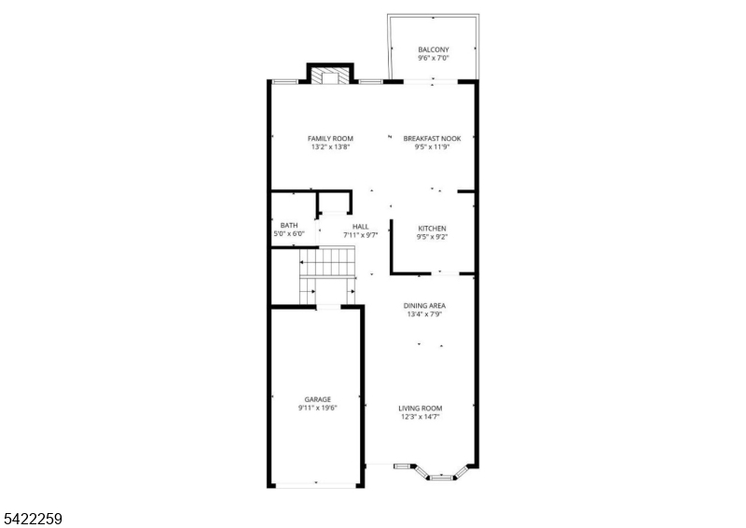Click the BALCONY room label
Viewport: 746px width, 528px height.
pyautogui.click(x=434, y=49)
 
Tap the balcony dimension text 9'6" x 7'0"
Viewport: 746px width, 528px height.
pyautogui.click(x=434, y=58)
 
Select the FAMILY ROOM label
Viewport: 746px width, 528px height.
pyautogui.click(x=330, y=138)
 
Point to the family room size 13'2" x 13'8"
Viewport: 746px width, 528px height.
pyautogui.click(x=330, y=146)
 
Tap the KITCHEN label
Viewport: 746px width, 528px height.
pyautogui.click(x=432, y=229)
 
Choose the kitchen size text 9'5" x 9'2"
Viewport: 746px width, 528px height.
pyautogui.click(x=432, y=237)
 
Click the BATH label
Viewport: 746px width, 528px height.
pyautogui.click(x=289, y=225)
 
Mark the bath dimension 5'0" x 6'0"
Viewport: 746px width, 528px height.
pyautogui.click(x=289, y=233)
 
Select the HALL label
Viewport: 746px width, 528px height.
pyautogui.click(x=360, y=227)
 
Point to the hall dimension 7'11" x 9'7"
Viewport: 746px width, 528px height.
pyautogui.click(x=360, y=235)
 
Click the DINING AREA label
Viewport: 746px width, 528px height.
pyautogui.click(x=423, y=306)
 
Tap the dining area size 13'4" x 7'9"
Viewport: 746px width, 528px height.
pyautogui.click(x=423, y=314)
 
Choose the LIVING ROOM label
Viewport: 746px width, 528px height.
pyautogui.click(x=421, y=409)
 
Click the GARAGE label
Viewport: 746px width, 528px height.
pyautogui.click(x=317, y=399)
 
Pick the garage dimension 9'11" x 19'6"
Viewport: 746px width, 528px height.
pyautogui.click(x=317, y=408)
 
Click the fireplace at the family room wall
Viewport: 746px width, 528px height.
pyautogui.click(x=330, y=76)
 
